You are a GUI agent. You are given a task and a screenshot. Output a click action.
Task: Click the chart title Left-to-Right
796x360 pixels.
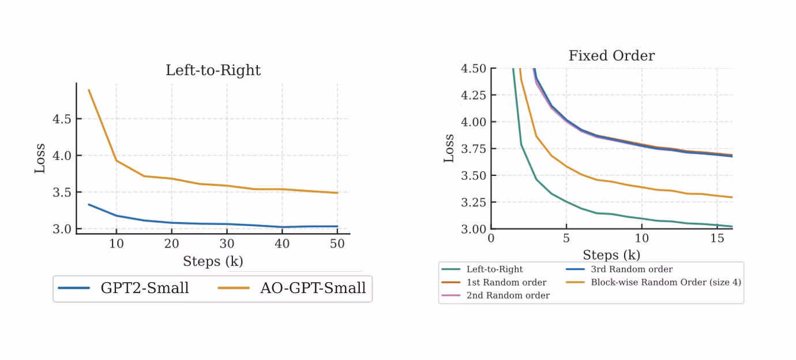pyautogui.click(x=213, y=70)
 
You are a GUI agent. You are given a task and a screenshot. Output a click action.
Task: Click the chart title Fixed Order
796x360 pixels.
pyautogui.click(x=611, y=55)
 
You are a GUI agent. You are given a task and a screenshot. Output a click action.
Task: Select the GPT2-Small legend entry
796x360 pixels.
pyautogui.click(x=123, y=288)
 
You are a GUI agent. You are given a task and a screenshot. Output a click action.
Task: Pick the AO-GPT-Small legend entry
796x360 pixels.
pyautogui.click(x=292, y=288)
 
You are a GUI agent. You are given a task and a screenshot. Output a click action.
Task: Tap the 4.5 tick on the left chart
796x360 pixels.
pyautogui.click(x=62, y=119)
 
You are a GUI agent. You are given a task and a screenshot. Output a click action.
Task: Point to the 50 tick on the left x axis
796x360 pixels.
pyautogui.click(x=337, y=244)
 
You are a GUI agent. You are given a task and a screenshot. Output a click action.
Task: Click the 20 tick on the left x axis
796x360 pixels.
pyautogui.click(x=172, y=244)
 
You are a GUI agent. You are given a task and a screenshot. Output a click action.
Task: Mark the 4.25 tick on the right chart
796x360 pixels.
pyautogui.click(x=474, y=95)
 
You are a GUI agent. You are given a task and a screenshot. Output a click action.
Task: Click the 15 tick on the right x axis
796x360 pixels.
pyautogui.click(x=717, y=238)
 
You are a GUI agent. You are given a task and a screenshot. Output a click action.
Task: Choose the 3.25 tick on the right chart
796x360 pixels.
pyautogui.click(x=474, y=202)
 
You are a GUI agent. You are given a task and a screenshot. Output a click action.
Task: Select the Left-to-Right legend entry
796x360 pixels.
pyautogui.click(x=482, y=269)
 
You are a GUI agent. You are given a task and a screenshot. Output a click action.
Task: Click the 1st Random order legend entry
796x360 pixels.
pyautogui.click(x=494, y=283)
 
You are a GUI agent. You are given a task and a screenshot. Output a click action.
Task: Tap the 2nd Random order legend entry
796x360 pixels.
pyautogui.click(x=495, y=296)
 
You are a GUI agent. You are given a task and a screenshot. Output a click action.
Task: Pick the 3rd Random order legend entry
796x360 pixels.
pyautogui.click(x=619, y=269)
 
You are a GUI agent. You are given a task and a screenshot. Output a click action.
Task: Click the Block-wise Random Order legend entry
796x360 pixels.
pyautogui.click(x=654, y=283)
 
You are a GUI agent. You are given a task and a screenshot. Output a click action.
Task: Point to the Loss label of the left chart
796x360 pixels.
pyautogui.click(x=40, y=159)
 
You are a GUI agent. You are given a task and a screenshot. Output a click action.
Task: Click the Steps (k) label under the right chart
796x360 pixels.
pyautogui.click(x=611, y=255)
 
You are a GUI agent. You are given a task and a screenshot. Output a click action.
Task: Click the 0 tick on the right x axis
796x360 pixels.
pyautogui.click(x=491, y=238)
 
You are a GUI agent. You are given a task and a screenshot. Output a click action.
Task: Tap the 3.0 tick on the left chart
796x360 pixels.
pyautogui.click(x=62, y=229)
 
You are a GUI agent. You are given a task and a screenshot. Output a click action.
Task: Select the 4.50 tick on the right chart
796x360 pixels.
pyautogui.click(x=474, y=68)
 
